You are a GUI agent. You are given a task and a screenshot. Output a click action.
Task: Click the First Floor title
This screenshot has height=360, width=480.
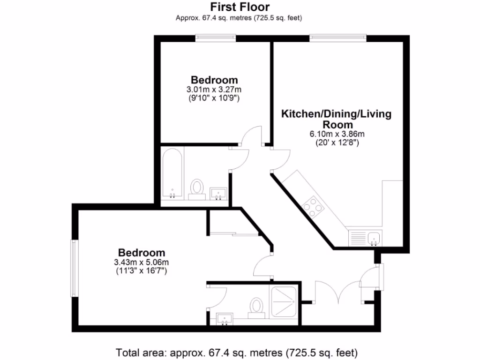pyautogui.click(x=240, y=7)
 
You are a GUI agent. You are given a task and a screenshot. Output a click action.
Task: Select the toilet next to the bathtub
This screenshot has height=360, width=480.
pyautogui.click(x=197, y=189)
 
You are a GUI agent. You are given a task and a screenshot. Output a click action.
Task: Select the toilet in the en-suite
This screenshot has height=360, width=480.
pyautogui.click(x=256, y=308)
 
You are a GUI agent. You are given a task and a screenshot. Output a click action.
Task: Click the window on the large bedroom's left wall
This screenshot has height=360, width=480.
pyautogui.click(x=74, y=268)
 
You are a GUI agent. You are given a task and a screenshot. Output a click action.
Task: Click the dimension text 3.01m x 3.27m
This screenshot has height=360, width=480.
pyautogui.click(x=214, y=90)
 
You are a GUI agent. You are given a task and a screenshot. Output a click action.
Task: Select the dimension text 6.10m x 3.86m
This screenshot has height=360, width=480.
pyautogui.click(x=337, y=134)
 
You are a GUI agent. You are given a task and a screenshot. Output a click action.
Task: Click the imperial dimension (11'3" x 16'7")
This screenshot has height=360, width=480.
pyautogui.click(x=142, y=270)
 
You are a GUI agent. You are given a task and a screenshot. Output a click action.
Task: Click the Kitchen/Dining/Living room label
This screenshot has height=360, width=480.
pyautogui.click(x=336, y=119)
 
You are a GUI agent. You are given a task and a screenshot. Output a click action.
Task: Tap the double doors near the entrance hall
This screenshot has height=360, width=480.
pyautogui.click(x=337, y=290)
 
